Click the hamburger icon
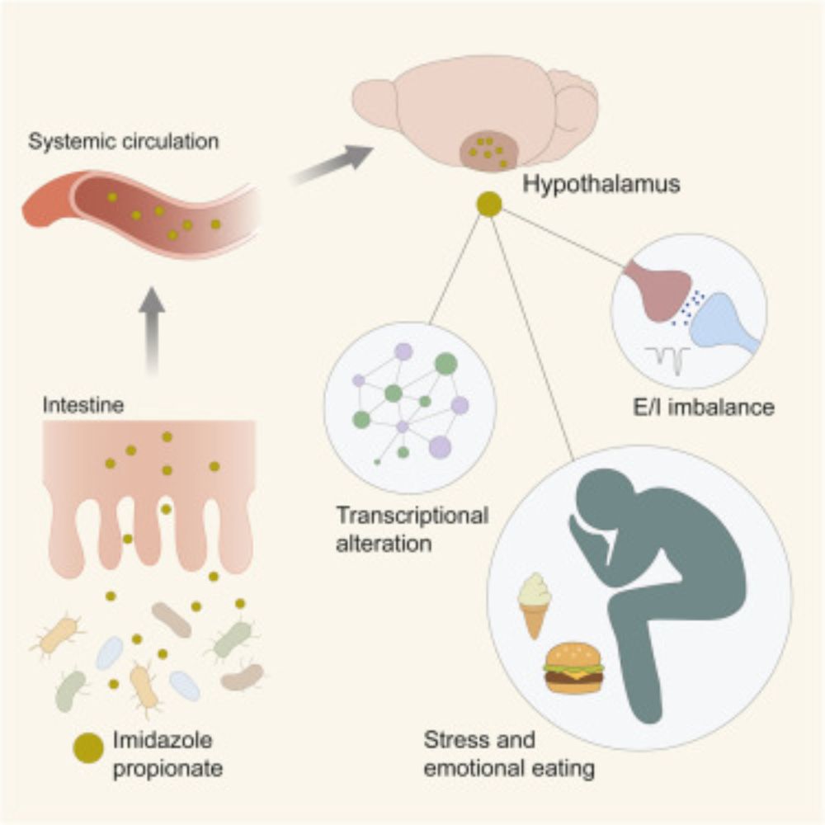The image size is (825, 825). coord(573,667)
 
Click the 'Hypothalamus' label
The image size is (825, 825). coord(601,184)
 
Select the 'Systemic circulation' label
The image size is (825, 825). coord(124,141)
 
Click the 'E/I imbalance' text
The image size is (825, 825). coord(700,406)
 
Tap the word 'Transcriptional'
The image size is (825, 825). coord(412,516)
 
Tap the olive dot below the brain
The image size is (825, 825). coord(489,205)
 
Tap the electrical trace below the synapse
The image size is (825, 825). coord(667,358)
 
